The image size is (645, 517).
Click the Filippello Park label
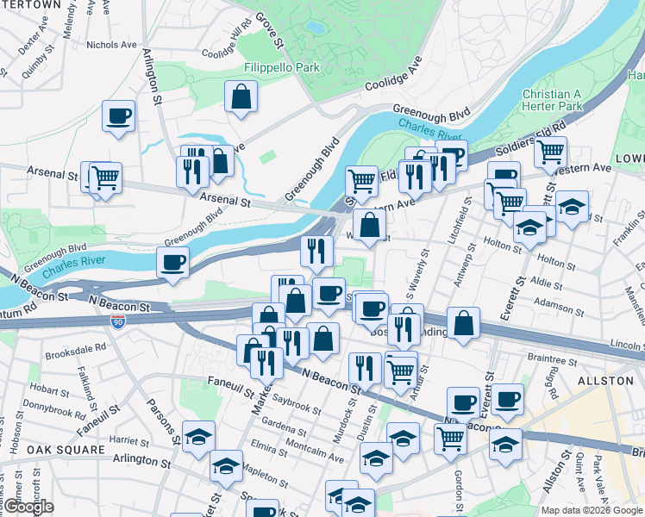(270, 67)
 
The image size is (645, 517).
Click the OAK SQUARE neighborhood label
(59, 450)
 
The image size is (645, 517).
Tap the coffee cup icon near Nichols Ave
(118, 116)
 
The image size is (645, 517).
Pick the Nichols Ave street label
(112, 44)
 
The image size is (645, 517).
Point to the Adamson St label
(560, 304)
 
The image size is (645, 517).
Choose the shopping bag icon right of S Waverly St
(464, 325)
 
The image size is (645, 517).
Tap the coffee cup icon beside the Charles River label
(173, 262)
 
